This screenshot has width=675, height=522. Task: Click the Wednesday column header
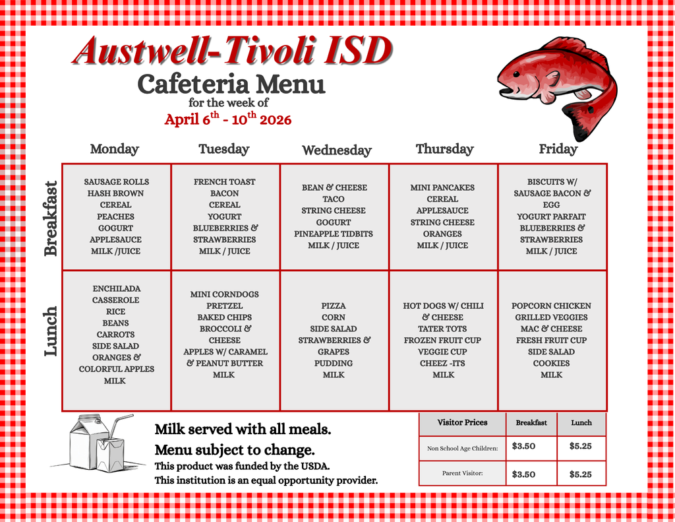(336, 150)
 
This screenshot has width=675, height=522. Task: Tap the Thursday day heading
(444, 149)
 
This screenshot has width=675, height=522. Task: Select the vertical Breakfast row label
(51, 218)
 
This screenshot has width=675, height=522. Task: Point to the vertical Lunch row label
(51, 331)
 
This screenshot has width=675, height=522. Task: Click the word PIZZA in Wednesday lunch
(334, 306)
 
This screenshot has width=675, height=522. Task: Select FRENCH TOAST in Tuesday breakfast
(224, 181)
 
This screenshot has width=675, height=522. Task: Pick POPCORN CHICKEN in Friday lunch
(551, 306)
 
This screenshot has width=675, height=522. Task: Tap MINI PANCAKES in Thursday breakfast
(442, 187)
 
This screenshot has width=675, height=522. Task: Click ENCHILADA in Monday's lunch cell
(117, 288)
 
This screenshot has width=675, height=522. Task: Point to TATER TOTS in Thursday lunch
(443, 329)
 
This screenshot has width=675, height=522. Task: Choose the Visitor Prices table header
(462, 422)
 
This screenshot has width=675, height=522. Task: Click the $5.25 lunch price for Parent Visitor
(580, 474)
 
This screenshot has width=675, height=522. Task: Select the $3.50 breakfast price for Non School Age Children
(523, 446)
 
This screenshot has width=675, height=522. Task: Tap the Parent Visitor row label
(462, 473)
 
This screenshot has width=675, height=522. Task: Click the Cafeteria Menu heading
(231, 84)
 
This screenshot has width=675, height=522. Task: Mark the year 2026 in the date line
(276, 120)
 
